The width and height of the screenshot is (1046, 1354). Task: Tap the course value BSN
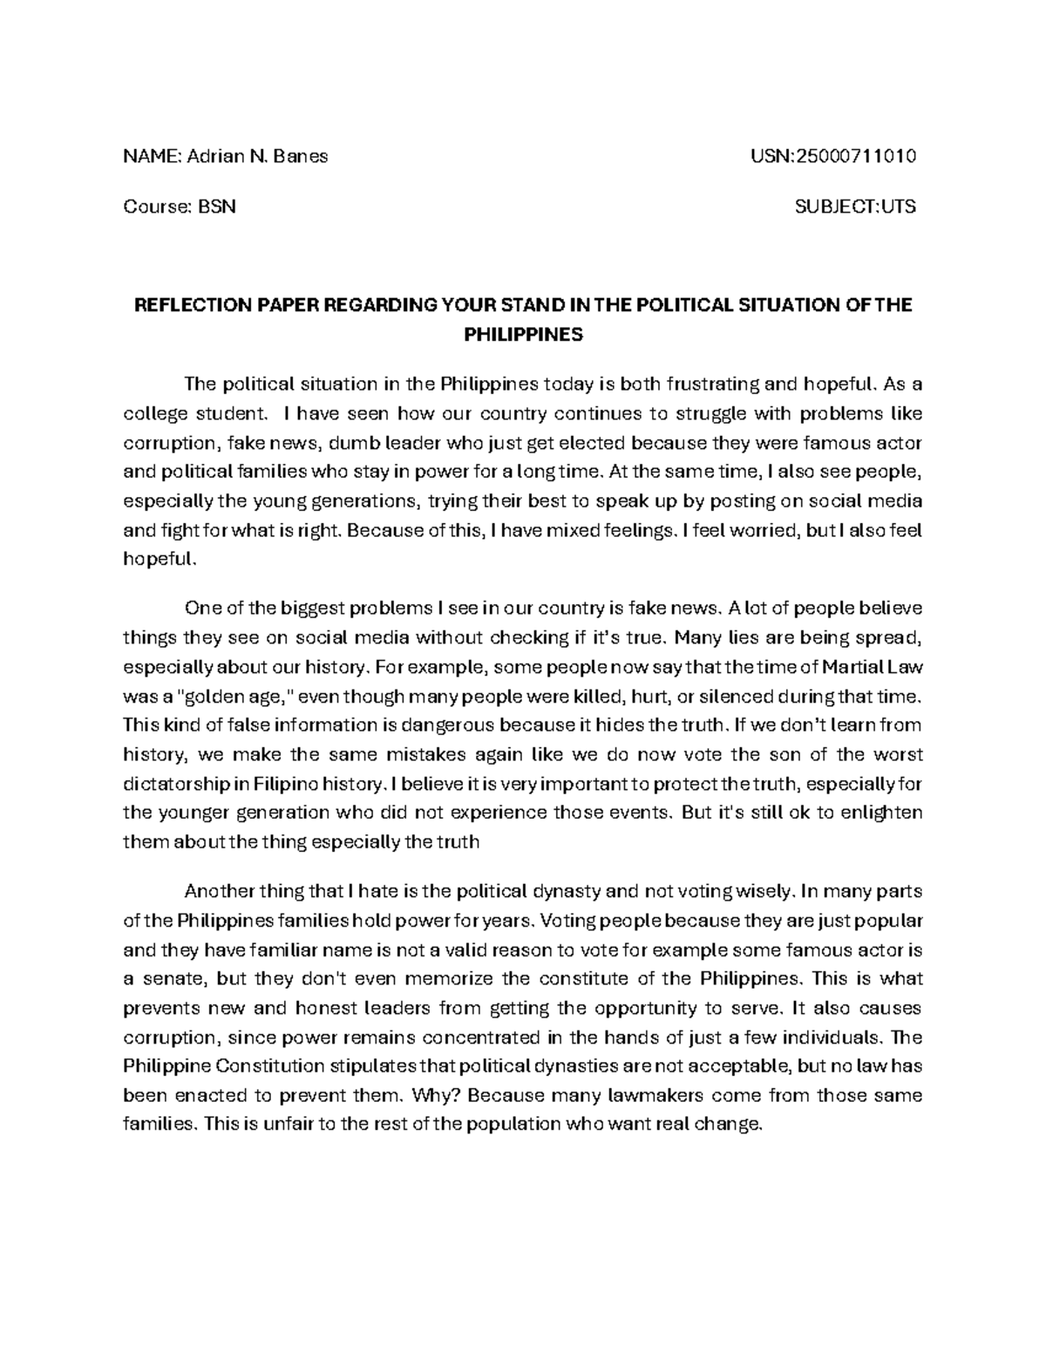(217, 208)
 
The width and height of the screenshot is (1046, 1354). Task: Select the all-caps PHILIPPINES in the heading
(521, 335)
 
